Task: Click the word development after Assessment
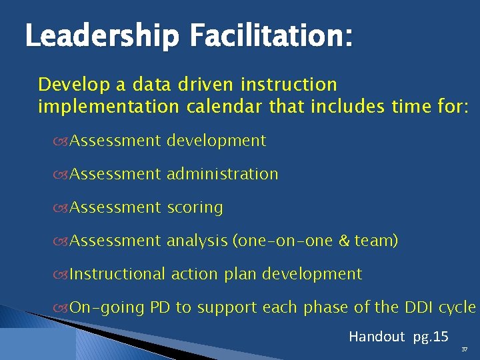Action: pyautogui.click(x=216, y=141)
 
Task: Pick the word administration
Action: pyautogui.click(x=222, y=174)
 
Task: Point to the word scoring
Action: pyautogui.click(x=195, y=207)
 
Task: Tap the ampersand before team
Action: pyautogui.click(x=344, y=241)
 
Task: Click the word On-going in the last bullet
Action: pyautogui.click(x=107, y=307)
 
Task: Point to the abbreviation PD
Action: pyautogui.click(x=160, y=307)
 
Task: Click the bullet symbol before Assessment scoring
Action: pyautogui.click(x=63, y=208)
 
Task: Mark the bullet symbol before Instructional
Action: pyautogui.click(x=63, y=275)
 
